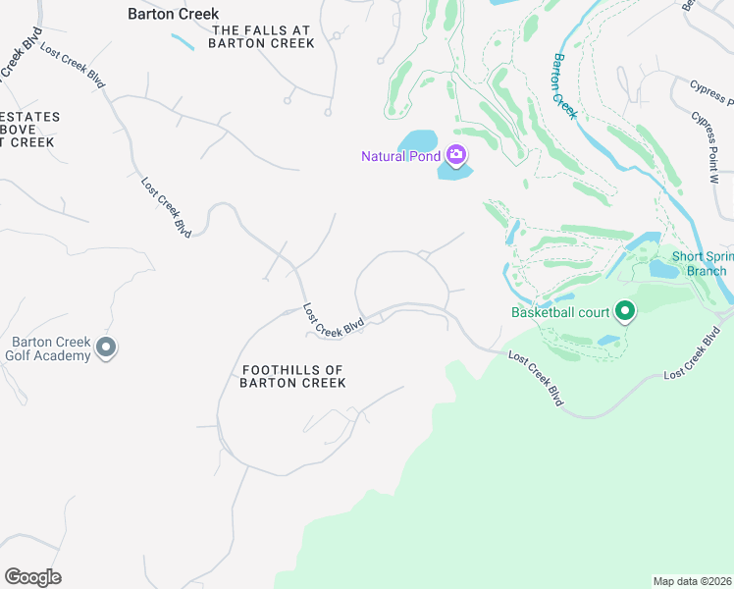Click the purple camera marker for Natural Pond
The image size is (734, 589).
(x=455, y=155)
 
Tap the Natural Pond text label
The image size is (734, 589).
(x=401, y=156)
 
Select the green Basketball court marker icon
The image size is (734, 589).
(x=624, y=313)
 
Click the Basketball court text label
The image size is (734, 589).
(x=560, y=313)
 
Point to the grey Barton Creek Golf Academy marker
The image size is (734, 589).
(x=108, y=348)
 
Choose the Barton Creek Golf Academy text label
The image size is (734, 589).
(x=51, y=348)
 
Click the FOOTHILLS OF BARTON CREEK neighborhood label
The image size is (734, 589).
(x=293, y=376)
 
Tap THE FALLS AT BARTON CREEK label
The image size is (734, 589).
(x=263, y=36)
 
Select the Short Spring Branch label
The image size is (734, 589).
(x=700, y=264)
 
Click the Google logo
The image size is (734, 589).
(x=32, y=577)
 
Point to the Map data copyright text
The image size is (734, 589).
(x=693, y=581)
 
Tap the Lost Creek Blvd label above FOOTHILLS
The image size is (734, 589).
(x=334, y=321)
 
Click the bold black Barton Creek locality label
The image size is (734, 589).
(x=174, y=14)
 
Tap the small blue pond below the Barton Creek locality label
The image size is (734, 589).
(x=182, y=41)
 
